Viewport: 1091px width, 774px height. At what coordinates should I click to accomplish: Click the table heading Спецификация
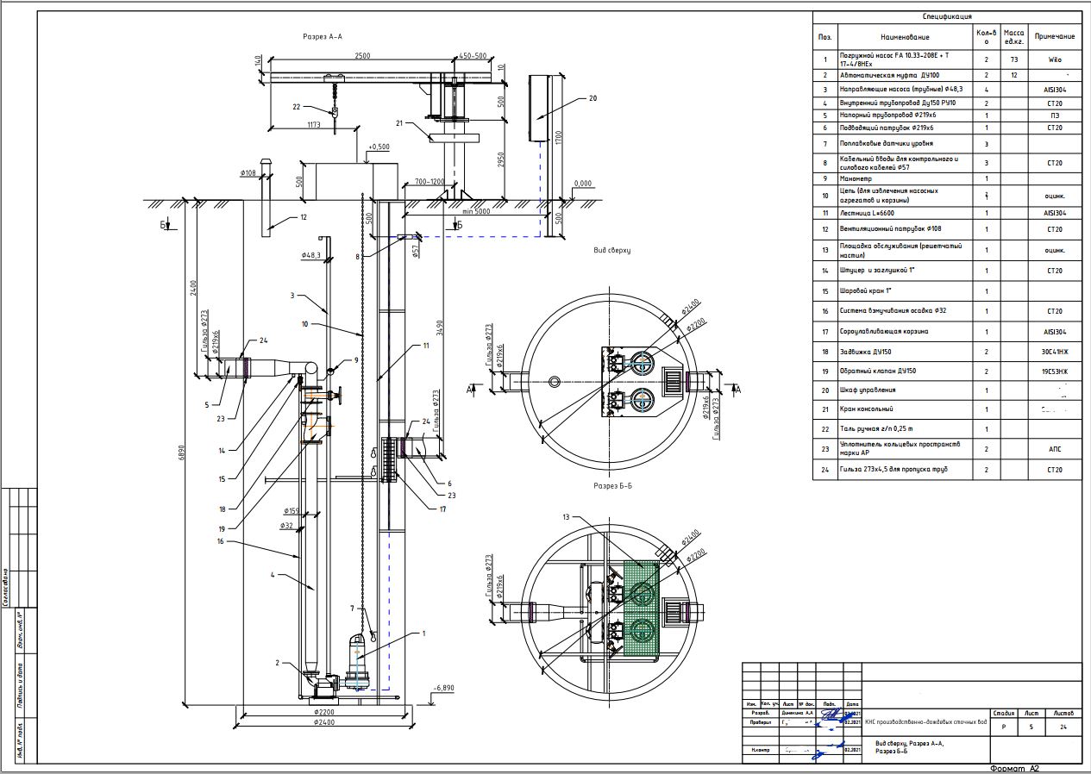click(947, 16)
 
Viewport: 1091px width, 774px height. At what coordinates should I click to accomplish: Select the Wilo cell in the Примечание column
click(1055, 60)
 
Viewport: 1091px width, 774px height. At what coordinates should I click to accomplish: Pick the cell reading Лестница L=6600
click(868, 212)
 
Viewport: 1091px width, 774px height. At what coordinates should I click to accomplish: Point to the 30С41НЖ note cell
click(1055, 352)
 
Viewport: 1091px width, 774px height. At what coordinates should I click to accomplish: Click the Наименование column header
click(905, 37)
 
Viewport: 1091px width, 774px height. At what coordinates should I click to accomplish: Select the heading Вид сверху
click(611, 250)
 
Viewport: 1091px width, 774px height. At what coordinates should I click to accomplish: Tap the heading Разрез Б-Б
click(612, 486)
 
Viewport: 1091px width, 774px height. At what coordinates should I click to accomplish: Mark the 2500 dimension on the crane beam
click(362, 56)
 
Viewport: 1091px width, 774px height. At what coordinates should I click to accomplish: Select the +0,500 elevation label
click(379, 147)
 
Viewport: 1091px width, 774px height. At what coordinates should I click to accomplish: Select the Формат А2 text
click(1015, 768)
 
